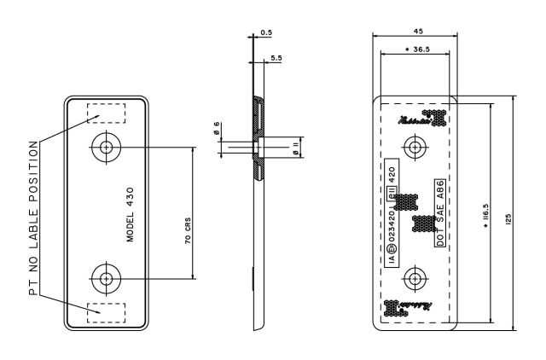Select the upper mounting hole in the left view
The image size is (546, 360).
click(x=106, y=147)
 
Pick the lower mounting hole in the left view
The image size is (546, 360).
click(x=106, y=277)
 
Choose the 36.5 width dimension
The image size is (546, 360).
click(x=415, y=51)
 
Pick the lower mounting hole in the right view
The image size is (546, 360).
click(x=415, y=277)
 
